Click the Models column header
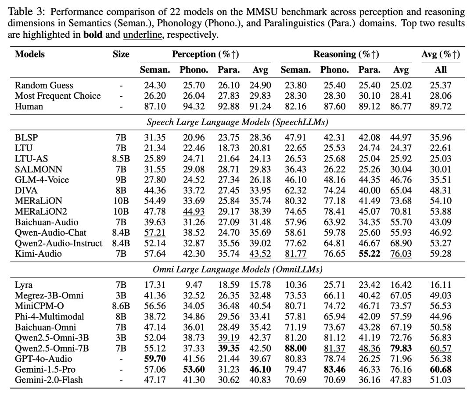tap(30, 54)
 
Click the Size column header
tap(121, 54)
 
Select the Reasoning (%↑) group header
tap(346, 54)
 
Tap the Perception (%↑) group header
tap(205, 54)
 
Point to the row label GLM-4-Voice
tap(42, 180)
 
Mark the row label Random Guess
tap(44, 85)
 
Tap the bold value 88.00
tap(295, 348)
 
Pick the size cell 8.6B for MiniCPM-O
tap(121, 306)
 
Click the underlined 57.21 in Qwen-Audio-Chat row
tap(154, 232)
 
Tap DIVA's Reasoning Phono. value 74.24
tap(334, 190)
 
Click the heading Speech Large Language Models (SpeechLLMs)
tap(237, 122)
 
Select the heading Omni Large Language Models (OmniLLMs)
tap(237, 269)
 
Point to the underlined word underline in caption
tap(142, 35)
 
